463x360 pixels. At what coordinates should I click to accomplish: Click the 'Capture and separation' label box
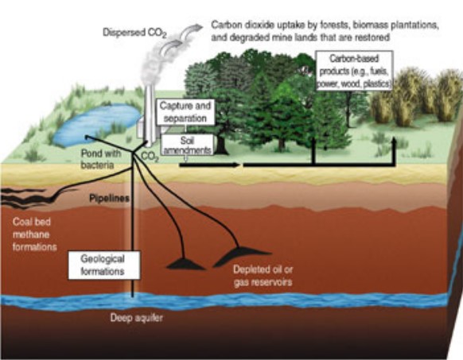(185, 112)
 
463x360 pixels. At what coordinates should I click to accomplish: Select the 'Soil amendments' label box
(187, 145)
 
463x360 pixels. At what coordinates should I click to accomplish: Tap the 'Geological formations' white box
(104, 265)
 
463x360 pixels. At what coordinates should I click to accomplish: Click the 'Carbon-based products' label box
(354, 71)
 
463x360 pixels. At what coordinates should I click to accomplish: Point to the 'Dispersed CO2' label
(134, 33)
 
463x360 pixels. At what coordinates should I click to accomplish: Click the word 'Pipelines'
(109, 199)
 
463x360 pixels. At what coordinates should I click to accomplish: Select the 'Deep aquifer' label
(136, 318)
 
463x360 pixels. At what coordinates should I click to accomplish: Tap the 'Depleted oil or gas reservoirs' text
(263, 276)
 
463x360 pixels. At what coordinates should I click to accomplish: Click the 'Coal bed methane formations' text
(34, 234)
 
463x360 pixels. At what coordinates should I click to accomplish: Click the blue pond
(97, 125)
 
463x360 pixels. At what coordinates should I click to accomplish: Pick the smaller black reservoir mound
(186, 264)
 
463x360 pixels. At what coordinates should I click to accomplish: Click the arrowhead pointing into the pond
(88, 137)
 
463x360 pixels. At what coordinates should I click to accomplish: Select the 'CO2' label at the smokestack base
(150, 157)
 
